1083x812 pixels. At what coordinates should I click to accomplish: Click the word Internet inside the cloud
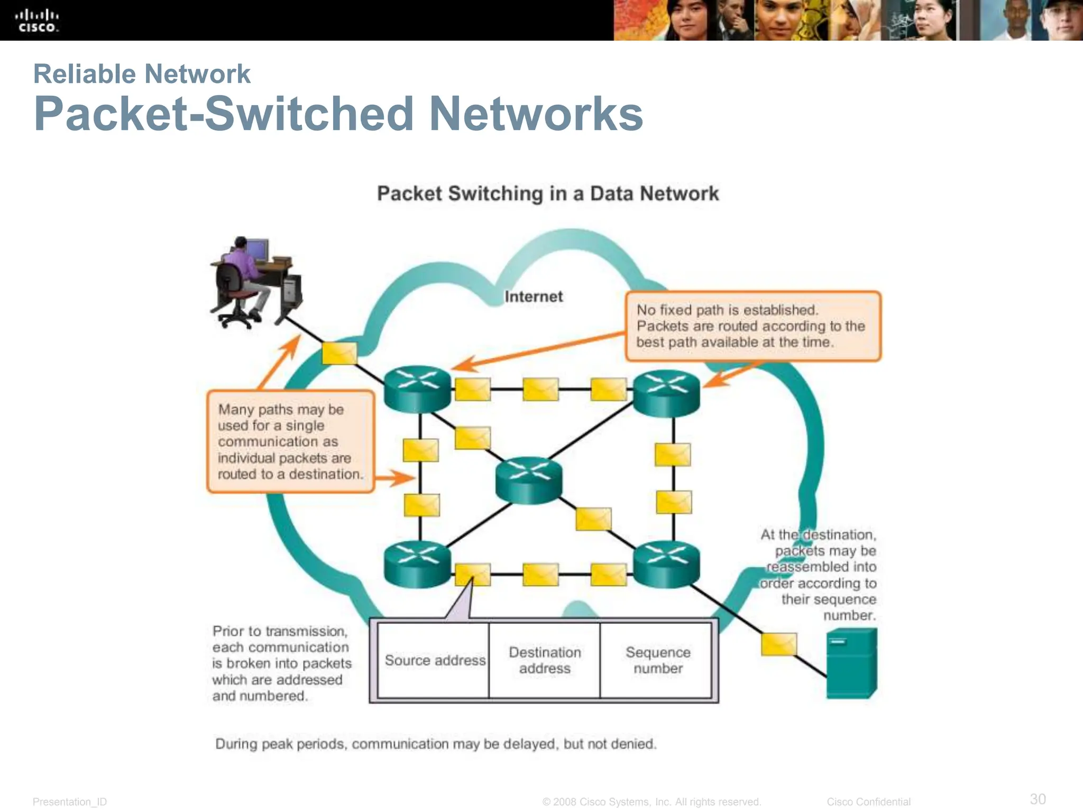click(533, 297)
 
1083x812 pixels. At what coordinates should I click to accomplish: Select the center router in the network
click(528, 479)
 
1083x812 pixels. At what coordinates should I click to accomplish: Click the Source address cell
click(435, 660)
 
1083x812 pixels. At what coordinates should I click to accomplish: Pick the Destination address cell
click(545, 660)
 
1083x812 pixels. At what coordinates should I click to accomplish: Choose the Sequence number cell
click(657, 660)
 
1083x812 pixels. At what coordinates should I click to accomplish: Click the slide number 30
click(1038, 799)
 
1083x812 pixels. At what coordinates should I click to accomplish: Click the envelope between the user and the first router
click(339, 353)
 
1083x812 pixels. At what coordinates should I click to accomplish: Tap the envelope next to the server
click(778, 644)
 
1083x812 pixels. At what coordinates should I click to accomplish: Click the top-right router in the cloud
click(666, 392)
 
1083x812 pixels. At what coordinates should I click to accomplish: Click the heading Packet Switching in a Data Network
click(548, 193)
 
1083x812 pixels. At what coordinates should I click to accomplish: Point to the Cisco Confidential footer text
click(868, 802)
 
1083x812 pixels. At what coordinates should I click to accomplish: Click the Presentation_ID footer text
click(70, 802)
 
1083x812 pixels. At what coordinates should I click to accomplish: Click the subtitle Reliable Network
click(142, 74)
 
